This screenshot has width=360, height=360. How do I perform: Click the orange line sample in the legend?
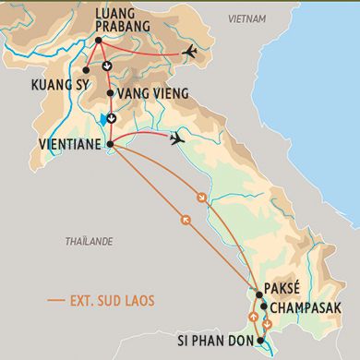coord(56,301)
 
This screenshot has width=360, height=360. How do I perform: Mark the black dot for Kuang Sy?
coord(85,69)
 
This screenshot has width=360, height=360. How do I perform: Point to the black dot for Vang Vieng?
coord(110,93)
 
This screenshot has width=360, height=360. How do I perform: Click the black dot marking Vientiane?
coord(110,144)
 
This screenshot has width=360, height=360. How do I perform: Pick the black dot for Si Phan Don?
coord(261,341)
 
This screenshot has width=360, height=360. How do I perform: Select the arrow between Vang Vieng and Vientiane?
coord(111,117)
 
